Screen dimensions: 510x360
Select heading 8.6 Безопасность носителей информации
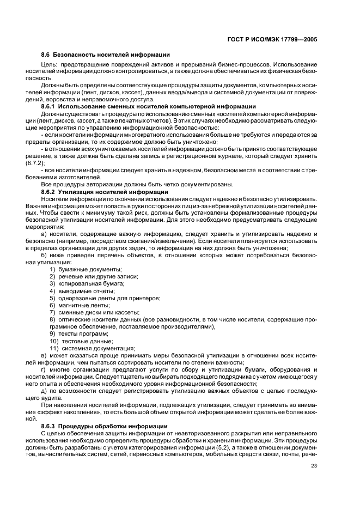coord(106,54)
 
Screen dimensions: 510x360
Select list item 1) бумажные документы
coord(86,270)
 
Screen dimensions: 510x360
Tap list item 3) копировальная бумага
coord(88,284)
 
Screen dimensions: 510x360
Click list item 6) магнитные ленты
coord(81,305)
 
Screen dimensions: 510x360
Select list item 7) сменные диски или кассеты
coord(94,312)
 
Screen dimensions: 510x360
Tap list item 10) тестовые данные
coord(81,341)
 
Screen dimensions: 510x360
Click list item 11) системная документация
coord(92,348)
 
